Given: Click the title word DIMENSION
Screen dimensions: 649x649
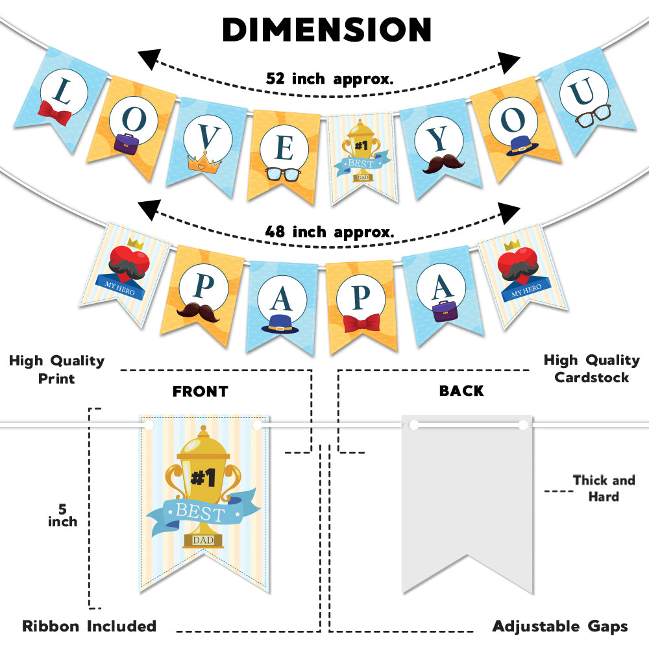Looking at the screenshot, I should [x=326, y=29].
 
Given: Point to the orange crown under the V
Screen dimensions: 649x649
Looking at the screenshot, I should [x=201, y=162].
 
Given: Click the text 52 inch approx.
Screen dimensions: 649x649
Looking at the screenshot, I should [x=330, y=79].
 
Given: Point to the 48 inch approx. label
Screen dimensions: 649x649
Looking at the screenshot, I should [x=329, y=231].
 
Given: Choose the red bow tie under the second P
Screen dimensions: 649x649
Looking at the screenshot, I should [x=361, y=323].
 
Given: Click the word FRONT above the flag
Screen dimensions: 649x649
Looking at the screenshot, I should [x=200, y=391].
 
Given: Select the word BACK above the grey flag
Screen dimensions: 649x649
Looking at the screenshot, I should [x=461, y=391].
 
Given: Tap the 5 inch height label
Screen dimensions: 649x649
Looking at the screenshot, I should [x=62, y=515].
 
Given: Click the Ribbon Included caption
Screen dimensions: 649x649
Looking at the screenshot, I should [x=90, y=626].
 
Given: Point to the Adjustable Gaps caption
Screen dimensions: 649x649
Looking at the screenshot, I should [x=560, y=626].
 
